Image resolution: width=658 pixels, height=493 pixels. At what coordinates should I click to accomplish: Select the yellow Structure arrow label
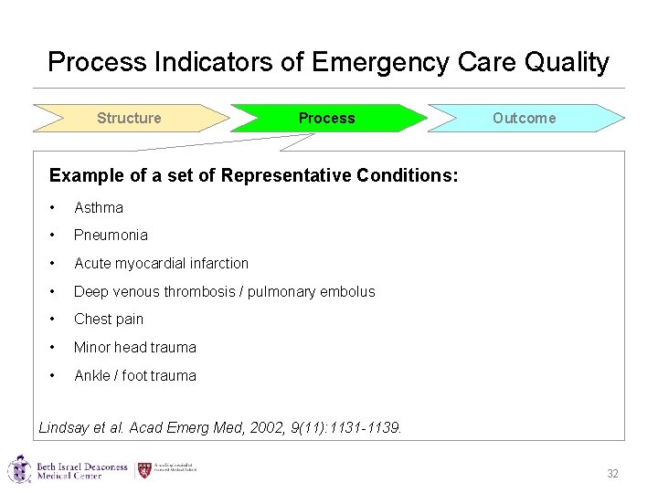[x=129, y=118]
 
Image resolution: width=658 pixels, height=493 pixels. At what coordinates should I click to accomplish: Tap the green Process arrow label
[x=326, y=118]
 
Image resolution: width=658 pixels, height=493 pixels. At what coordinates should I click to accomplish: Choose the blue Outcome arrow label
[x=524, y=118]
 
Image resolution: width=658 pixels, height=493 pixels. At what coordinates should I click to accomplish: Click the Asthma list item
[x=99, y=207]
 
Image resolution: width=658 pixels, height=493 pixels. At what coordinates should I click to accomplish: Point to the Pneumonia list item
[x=111, y=235]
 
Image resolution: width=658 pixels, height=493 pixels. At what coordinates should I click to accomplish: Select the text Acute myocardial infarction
[x=161, y=263]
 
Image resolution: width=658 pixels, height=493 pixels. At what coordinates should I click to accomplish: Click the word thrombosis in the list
[x=200, y=291]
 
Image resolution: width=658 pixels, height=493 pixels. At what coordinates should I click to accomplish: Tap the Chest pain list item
[x=109, y=319]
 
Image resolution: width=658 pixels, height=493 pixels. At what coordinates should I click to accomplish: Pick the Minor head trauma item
[x=134, y=347]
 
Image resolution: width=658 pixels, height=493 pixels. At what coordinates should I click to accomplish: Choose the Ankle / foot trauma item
[x=134, y=375]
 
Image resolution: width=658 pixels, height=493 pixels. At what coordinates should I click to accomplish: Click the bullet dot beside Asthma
[x=55, y=207]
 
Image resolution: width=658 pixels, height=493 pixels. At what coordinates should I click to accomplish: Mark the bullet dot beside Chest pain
[x=55, y=319]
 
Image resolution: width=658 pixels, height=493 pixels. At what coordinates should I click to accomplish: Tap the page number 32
[x=612, y=474]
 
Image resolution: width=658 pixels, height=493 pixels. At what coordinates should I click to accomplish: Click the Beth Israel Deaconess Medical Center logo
[x=68, y=471]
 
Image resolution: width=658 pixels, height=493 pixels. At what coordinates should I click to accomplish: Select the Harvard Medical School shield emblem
[x=144, y=470]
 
